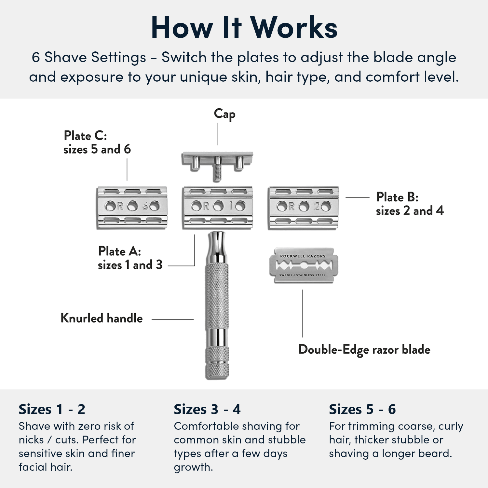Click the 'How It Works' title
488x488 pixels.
click(244, 28)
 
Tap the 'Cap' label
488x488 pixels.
click(224, 114)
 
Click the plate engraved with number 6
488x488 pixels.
click(132, 207)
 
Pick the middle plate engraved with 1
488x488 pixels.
click(218, 207)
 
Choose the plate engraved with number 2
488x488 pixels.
click(303, 207)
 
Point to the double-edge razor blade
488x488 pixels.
click(303, 265)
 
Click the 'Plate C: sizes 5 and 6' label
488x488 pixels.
click(97, 142)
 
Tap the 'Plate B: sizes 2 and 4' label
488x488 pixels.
click(410, 204)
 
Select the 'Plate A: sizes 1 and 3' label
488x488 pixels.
click(130, 258)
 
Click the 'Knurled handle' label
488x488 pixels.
click(102, 318)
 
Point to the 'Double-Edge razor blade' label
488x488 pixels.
click(364, 350)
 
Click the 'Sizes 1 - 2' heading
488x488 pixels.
click(52, 409)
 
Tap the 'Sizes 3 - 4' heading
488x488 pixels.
click(207, 409)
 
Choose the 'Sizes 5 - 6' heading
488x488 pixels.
click(362, 409)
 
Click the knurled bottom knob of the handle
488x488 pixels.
click(217, 363)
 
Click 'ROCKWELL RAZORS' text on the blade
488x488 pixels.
click(303, 256)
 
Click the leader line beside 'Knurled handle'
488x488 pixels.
click(172, 319)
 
